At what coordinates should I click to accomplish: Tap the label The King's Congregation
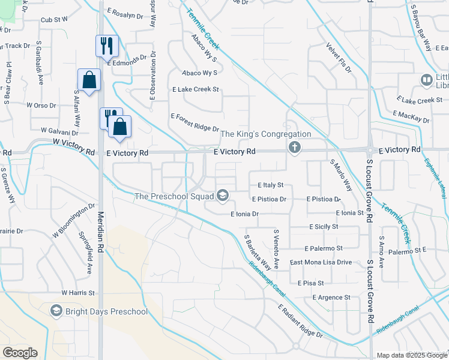pyautogui.click(x=267, y=134)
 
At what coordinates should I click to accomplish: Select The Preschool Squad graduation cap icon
pyautogui.click(x=223, y=195)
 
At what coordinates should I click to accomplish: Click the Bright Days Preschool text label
pyautogui.click(x=107, y=311)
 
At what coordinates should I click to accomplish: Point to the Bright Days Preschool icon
pyautogui.click(x=56, y=311)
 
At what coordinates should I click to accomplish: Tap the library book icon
pyautogui.click(x=427, y=79)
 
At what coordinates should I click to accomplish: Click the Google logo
pyautogui.click(x=20, y=353)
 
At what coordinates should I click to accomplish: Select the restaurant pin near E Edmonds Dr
pyautogui.click(x=107, y=45)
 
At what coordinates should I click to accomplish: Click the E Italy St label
pyautogui.click(x=270, y=185)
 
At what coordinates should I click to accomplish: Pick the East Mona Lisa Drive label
pyautogui.click(x=321, y=262)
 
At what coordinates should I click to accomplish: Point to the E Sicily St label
pyautogui.click(x=324, y=227)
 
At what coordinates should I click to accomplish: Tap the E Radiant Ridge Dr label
pyautogui.click(x=300, y=321)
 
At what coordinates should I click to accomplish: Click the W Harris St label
pyautogui.click(x=78, y=293)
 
